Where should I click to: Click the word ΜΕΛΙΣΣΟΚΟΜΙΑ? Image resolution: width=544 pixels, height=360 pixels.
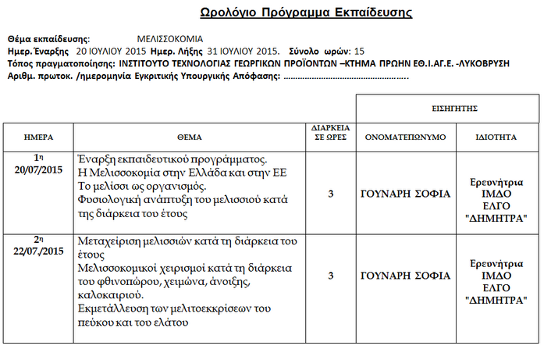(x=169, y=38)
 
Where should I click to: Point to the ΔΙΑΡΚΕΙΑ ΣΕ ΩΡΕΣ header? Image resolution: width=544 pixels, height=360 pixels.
(x=331, y=131)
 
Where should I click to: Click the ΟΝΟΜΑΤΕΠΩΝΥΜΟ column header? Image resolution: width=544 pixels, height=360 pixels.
(x=406, y=136)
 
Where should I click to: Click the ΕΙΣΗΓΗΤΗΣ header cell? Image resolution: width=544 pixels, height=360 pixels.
(x=449, y=108)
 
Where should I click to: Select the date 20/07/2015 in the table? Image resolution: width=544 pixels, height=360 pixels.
(x=37, y=169)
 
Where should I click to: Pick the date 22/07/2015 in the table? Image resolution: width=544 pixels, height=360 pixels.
(x=37, y=251)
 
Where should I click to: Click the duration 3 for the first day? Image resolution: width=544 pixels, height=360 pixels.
(x=331, y=194)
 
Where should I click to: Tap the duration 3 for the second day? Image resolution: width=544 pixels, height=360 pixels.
(x=331, y=275)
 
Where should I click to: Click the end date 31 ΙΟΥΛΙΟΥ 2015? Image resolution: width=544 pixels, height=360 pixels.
(x=244, y=51)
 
